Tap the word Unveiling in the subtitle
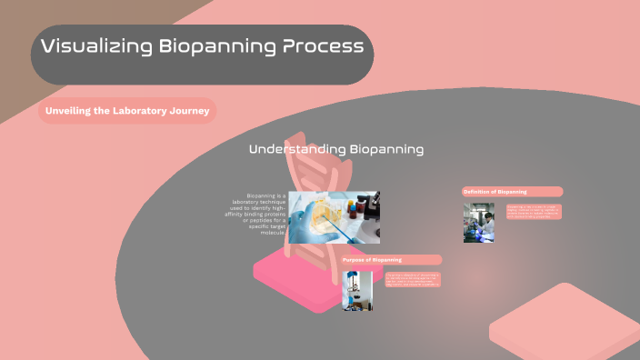[71, 112]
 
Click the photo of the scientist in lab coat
[479, 223]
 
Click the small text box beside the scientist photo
[534, 212]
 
